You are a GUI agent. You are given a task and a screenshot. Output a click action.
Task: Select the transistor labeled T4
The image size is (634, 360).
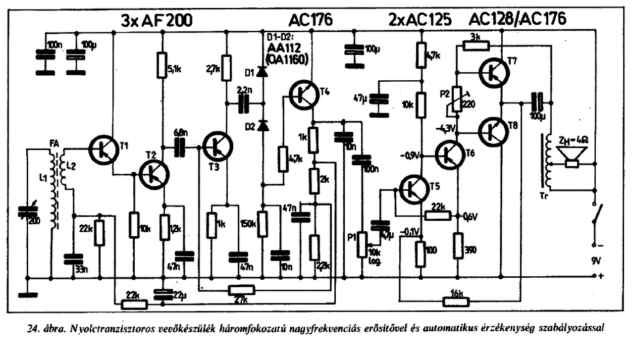(303, 95)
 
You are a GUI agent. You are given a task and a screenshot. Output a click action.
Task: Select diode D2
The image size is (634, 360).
(263, 126)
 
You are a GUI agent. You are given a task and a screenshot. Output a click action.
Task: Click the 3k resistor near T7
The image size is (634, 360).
(476, 46)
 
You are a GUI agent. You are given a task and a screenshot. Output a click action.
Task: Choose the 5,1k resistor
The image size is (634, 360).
(161, 65)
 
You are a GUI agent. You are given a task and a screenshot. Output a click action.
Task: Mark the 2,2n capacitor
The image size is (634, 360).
(244, 103)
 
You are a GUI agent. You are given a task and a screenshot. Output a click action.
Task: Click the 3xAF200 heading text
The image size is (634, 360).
(156, 20)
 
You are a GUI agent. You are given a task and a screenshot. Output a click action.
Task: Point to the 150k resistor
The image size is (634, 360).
(263, 223)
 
